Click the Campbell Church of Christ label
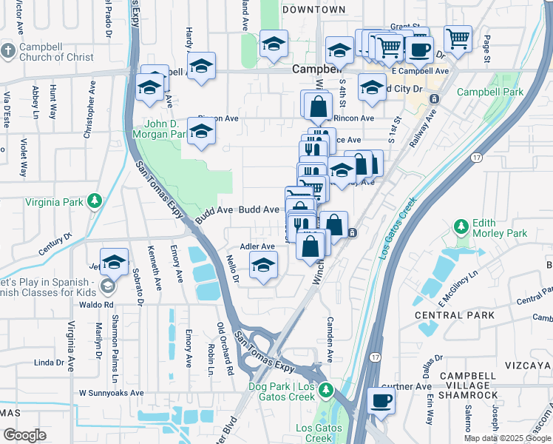[x=56, y=52]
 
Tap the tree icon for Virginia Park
[x=95, y=201]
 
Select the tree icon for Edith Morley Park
[x=461, y=225]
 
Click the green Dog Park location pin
[x=327, y=388]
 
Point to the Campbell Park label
[x=489, y=92]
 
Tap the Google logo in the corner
[x=24, y=435]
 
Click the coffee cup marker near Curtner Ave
[x=381, y=401]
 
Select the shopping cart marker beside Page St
[x=458, y=38]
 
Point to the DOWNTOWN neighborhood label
[x=313, y=10]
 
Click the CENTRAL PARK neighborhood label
[x=444, y=315]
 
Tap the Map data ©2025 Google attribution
[x=507, y=438]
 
